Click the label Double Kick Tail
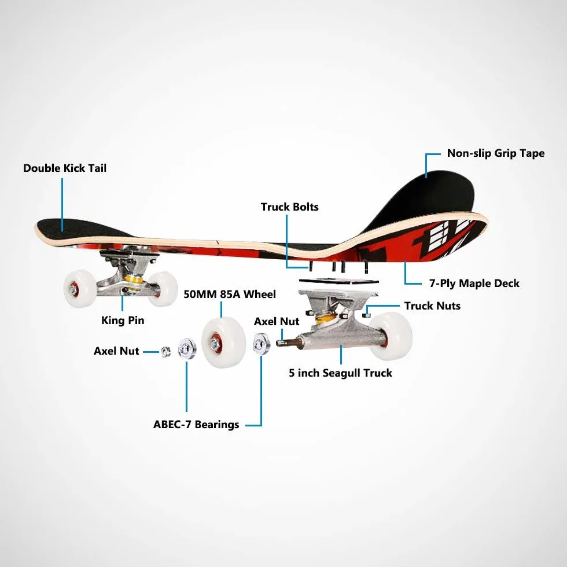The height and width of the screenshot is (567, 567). pos(65,168)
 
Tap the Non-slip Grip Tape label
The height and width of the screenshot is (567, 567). pos(496,153)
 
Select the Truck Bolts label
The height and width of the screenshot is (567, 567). pos(290,207)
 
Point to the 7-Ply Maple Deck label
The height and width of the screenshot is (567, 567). pos(474,283)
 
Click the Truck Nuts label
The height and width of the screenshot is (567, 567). pos(433,306)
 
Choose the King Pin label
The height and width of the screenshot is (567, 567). pos(123,321)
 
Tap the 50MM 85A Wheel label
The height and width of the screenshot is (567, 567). pos(230,294)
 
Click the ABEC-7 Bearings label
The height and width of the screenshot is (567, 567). pos(196,424)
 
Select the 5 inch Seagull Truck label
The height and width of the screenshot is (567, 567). pos(340,373)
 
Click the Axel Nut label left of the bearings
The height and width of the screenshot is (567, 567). pos(116,351)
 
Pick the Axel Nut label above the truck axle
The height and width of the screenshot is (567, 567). pos(277,322)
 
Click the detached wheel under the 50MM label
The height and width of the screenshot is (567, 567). pos(223,342)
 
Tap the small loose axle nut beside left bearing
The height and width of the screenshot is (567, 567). pos(166,351)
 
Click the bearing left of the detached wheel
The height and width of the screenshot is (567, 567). pos(187,348)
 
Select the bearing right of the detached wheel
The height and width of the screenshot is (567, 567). pos(262,344)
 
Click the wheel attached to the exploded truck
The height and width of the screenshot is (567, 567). pos(392,336)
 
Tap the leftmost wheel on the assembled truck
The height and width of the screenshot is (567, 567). pos(80,289)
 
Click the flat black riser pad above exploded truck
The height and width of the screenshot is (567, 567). pos(339,281)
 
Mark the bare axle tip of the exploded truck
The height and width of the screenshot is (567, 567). pos(281,343)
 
